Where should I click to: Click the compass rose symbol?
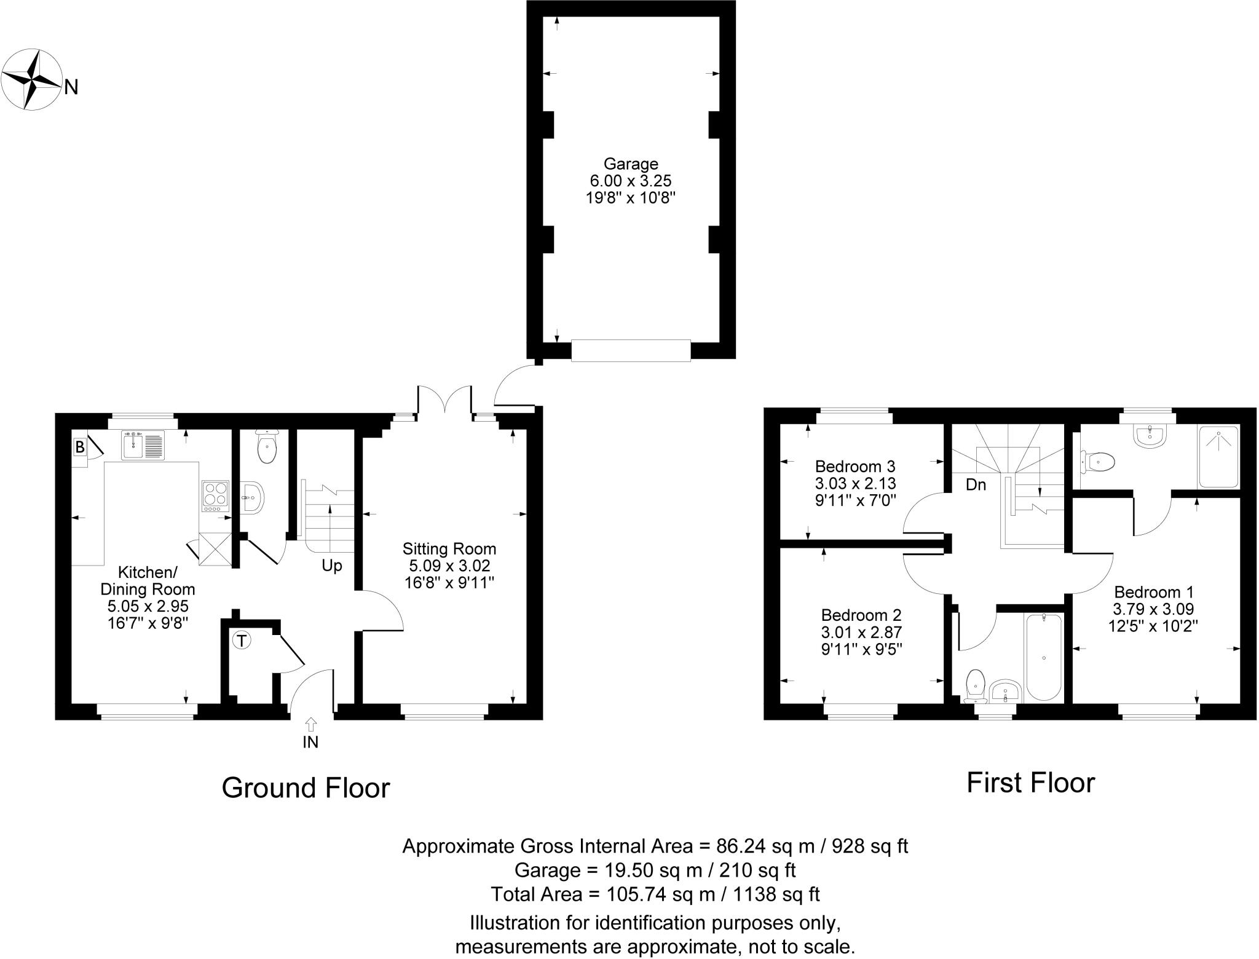coord(31,80)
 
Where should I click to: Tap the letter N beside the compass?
coord(71,88)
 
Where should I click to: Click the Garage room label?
coord(631,164)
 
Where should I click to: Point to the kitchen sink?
coord(143,446)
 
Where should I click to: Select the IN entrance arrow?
coord(310,725)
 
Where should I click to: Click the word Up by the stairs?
coord(332,566)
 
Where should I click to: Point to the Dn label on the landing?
coord(976,485)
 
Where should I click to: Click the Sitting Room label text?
coord(449,548)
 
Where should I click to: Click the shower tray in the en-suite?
coord(1218,456)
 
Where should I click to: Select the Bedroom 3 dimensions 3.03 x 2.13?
coord(855,483)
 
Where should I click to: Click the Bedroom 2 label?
coord(861,615)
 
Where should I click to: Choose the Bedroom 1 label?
coord(1154,592)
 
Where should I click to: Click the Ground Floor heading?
coord(306,788)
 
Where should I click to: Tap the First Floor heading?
coord(1031,783)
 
